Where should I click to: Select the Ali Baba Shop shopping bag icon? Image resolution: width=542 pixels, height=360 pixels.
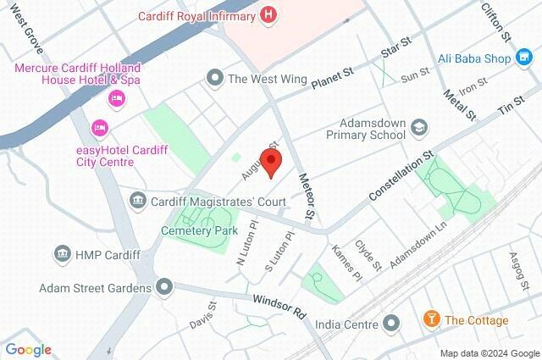[526, 58]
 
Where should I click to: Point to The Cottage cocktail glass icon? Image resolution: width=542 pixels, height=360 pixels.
[431, 320]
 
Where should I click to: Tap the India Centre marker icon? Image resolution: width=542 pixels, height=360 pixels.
[391, 324]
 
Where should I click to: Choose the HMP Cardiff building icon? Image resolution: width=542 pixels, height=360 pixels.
[62, 254]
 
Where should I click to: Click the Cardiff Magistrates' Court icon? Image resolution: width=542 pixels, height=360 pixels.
[137, 202]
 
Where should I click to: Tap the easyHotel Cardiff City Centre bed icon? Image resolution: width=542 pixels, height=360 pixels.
[99, 128]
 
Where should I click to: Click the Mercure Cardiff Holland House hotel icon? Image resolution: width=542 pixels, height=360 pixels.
[117, 98]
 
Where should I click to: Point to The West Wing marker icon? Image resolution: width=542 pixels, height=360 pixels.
[215, 78]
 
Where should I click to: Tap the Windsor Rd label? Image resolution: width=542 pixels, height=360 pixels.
[279, 305]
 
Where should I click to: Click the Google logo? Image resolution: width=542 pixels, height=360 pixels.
[29, 349]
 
